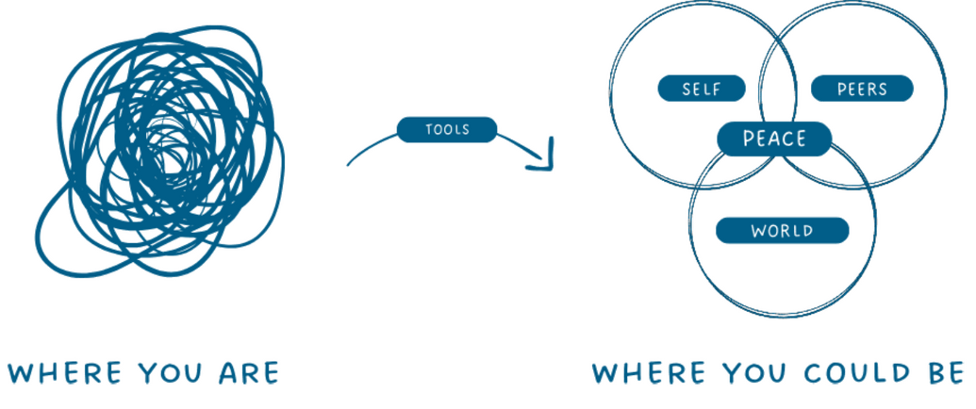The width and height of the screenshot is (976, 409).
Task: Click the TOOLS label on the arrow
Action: tap(446, 129)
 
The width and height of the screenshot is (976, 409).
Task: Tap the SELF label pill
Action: tap(702, 90)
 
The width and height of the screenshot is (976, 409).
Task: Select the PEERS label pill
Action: tap(862, 90)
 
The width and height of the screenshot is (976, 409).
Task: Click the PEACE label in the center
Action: tap(774, 139)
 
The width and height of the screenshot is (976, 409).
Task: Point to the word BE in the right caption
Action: tap(946, 371)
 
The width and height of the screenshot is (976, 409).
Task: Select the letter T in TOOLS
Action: tap(429, 129)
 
